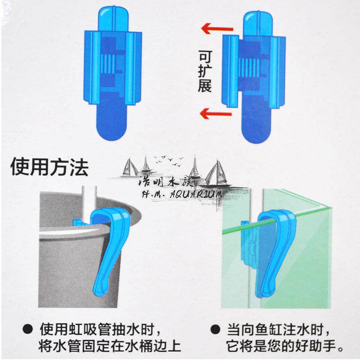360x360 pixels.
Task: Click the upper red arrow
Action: click(217, 29)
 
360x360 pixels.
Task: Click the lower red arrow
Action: click(216, 113)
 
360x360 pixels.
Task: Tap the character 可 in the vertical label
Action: click(205, 57)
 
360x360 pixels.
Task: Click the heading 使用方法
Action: click(49, 167)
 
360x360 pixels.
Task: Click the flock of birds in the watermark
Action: click(169, 160)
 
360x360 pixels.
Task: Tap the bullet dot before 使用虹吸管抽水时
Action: click(27, 329)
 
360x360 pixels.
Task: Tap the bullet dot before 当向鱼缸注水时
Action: click(215, 329)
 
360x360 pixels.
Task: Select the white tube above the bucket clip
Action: click(89, 202)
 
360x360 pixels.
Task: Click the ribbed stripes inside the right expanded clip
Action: click(249, 68)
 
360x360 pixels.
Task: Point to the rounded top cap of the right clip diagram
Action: click(258, 23)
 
